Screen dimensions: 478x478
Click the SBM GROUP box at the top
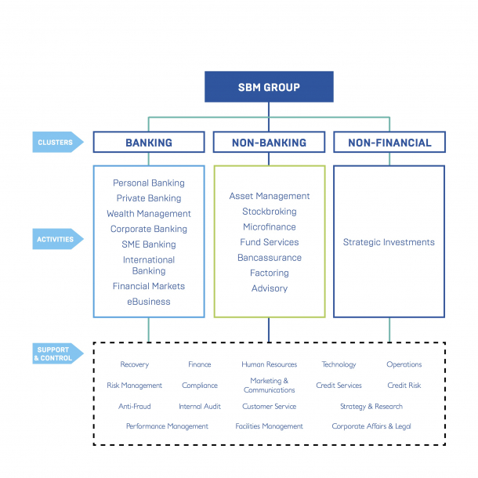pyautogui.click(x=269, y=87)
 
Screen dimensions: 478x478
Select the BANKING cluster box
pyautogui.click(x=149, y=143)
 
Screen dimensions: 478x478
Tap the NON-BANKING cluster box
pyautogui.click(x=269, y=143)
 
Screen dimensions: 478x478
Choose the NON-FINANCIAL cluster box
pyautogui.click(x=389, y=143)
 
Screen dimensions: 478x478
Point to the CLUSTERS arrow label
pyautogui.click(x=56, y=143)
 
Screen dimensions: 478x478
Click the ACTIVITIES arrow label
pyautogui.click(x=56, y=239)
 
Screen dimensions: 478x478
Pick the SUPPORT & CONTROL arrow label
pyautogui.click(x=55, y=354)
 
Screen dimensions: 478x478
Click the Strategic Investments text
pyautogui.click(x=389, y=242)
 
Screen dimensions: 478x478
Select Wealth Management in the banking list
pyautogui.click(x=149, y=214)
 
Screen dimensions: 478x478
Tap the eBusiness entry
pyautogui.click(x=149, y=302)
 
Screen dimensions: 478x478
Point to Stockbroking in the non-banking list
pyautogui.click(x=269, y=212)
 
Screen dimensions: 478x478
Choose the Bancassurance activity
pyautogui.click(x=269, y=258)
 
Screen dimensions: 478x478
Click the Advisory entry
pyautogui.click(x=269, y=288)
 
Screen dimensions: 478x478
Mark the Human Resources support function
pyautogui.click(x=269, y=364)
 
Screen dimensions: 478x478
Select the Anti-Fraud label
pyautogui.click(x=134, y=407)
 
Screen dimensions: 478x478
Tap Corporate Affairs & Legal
pyautogui.click(x=371, y=426)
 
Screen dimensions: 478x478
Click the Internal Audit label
pyautogui.click(x=200, y=407)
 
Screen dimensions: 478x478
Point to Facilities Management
pyautogui.click(x=269, y=426)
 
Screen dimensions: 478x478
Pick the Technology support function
pyautogui.click(x=339, y=364)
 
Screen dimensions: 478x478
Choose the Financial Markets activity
pyautogui.click(x=149, y=287)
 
